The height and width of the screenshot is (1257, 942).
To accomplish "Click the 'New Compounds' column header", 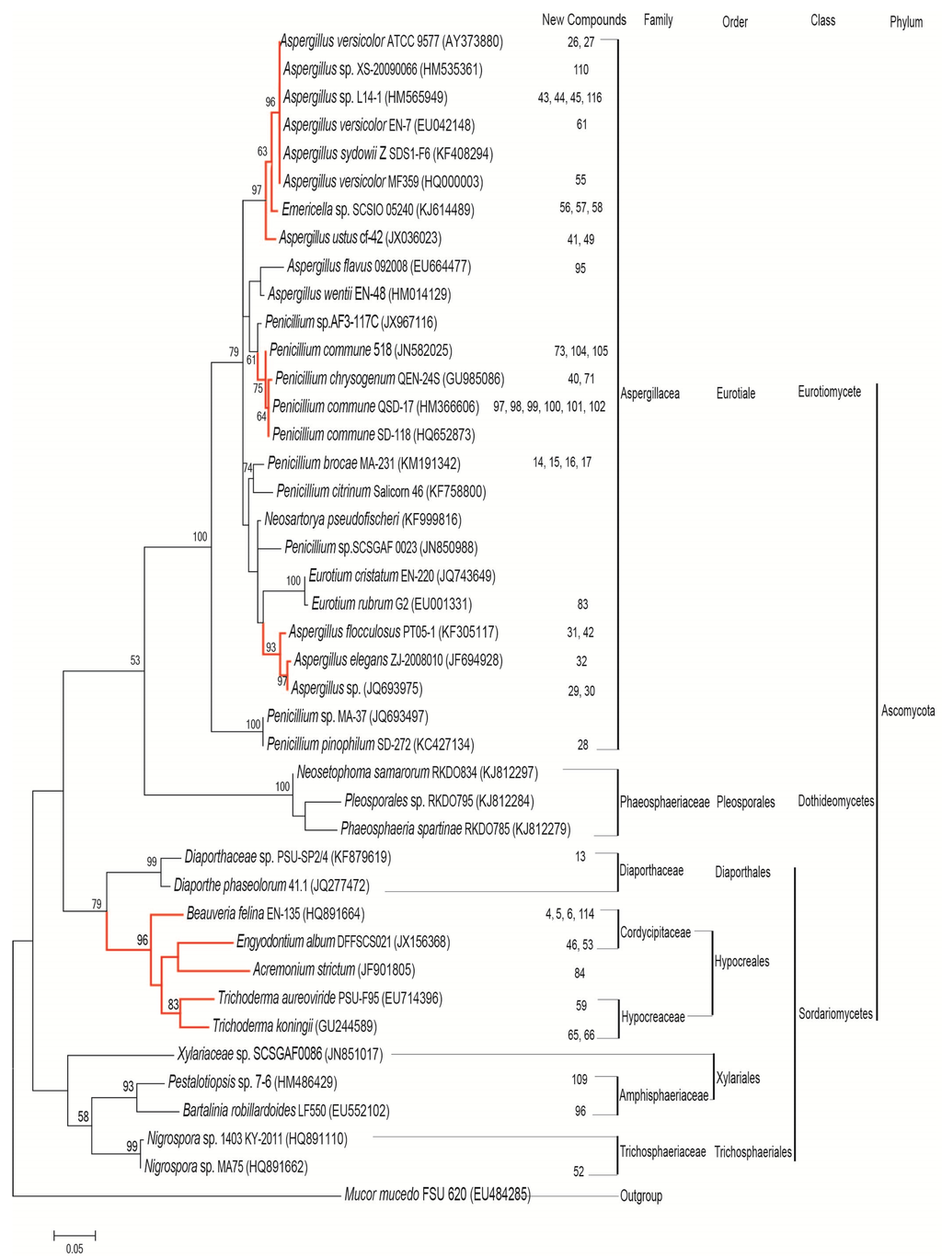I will click(583, 19).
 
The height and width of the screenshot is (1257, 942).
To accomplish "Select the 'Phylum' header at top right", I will click(905, 22).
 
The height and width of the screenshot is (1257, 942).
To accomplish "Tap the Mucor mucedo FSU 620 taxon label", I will click(437, 1194).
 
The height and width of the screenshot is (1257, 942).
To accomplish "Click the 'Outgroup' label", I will click(641, 1196).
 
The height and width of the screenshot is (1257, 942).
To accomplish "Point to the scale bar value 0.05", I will click(75, 1249).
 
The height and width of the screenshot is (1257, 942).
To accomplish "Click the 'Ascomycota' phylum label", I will click(907, 711).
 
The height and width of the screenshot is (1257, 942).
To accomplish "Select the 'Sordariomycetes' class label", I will click(835, 1014).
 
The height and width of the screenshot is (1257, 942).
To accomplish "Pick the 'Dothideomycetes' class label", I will click(835, 801).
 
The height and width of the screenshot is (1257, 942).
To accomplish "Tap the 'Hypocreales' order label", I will click(741, 962).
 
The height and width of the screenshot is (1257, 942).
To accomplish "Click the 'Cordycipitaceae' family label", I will click(655, 932).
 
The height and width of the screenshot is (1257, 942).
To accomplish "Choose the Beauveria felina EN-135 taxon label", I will click(275, 914).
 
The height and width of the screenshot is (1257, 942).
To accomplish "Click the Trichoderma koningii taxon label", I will click(294, 1026).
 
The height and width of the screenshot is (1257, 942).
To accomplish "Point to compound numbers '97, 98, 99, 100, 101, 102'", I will click(549, 406).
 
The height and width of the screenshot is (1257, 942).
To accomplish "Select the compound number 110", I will click(580, 70).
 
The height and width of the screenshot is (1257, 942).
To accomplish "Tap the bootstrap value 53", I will click(135, 660).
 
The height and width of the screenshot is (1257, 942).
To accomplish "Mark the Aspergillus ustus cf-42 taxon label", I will click(360, 238).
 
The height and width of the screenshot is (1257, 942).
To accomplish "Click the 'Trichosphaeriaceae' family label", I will click(662, 1152).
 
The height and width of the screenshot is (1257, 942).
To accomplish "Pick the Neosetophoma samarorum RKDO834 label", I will click(417, 772).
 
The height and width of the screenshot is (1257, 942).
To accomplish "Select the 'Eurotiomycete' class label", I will click(829, 392).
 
